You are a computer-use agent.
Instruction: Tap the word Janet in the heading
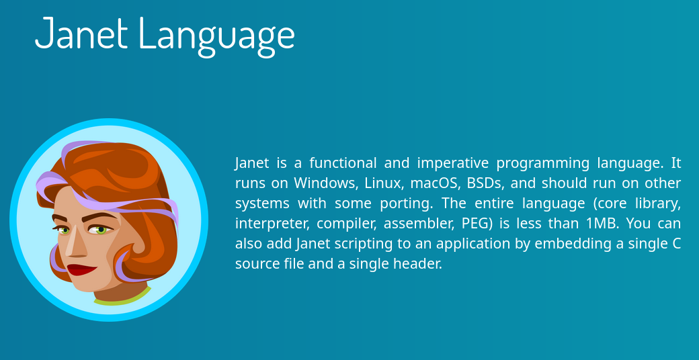click(81, 33)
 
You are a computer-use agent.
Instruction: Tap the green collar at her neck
click(123, 297)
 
